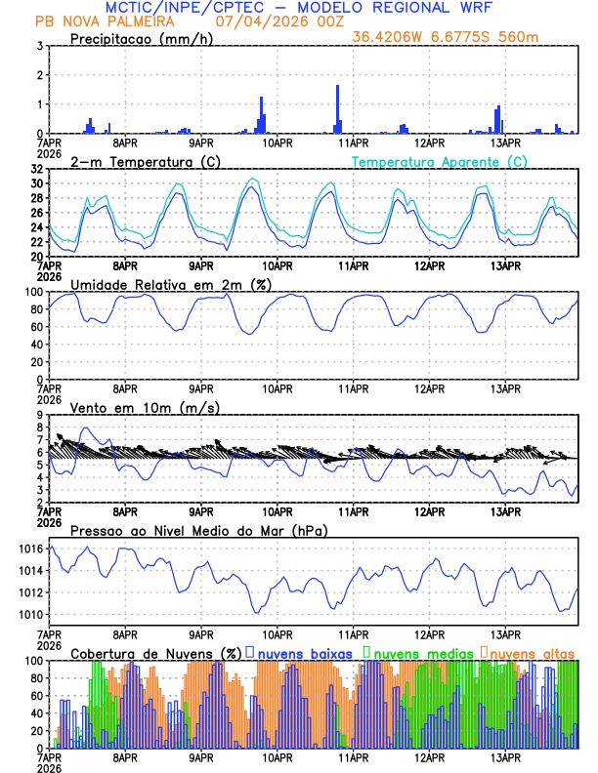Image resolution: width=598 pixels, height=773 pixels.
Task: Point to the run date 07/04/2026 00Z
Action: pyautogui.click(x=270, y=21)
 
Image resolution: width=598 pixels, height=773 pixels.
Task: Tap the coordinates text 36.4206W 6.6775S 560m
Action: pyautogui.click(x=446, y=37)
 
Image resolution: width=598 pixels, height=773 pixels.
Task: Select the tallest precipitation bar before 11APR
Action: pyautogui.click(x=338, y=108)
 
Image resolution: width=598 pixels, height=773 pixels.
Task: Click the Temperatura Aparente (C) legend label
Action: pyautogui.click(x=439, y=161)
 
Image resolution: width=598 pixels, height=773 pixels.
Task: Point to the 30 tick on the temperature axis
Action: pyautogui.click(x=36, y=183)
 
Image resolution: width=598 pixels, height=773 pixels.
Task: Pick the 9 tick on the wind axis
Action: pyautogui.click(x=39, y=415)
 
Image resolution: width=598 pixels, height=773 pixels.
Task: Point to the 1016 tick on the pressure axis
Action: pyautogui.click(x=30, y=549)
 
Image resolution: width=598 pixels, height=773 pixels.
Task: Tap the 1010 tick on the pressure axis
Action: pyautogui.click(x=30, y=615)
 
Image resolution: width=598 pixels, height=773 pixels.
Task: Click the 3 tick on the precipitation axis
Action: pyautogui.click(x=39, y=46)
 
